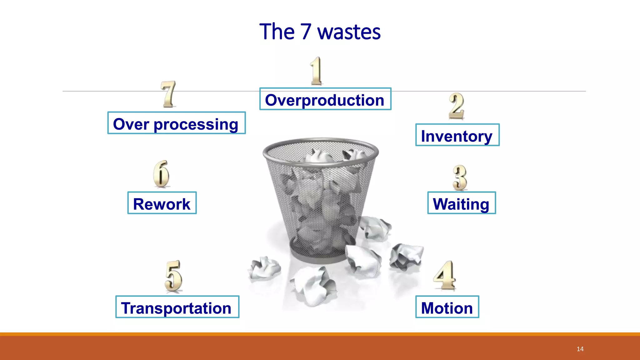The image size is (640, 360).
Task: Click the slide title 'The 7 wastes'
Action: (x=320, y=32)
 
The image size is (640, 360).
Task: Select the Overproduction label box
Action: (x=325, y=99)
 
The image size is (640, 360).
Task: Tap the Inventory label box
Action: (x=457, y=135)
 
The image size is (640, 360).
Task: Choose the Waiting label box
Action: (x=461, y=203)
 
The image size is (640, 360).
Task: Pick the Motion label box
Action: (x=447, y=307)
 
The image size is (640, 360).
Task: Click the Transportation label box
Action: (x=177, y=307)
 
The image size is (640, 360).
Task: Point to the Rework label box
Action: (x=162, y=203)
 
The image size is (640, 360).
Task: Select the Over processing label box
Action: (x=176, y=123)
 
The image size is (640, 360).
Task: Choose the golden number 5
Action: (x=173, y=276)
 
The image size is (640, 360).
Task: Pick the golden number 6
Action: (x=161, y=174)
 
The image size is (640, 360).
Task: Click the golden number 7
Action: (x=168, y=94)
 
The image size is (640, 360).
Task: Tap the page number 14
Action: (x=580, y=349)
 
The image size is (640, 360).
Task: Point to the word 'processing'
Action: (x=196, y=124)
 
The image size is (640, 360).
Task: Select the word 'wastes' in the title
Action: (x=349, y=32)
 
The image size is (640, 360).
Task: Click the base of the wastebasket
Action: (x=319, y=258)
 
